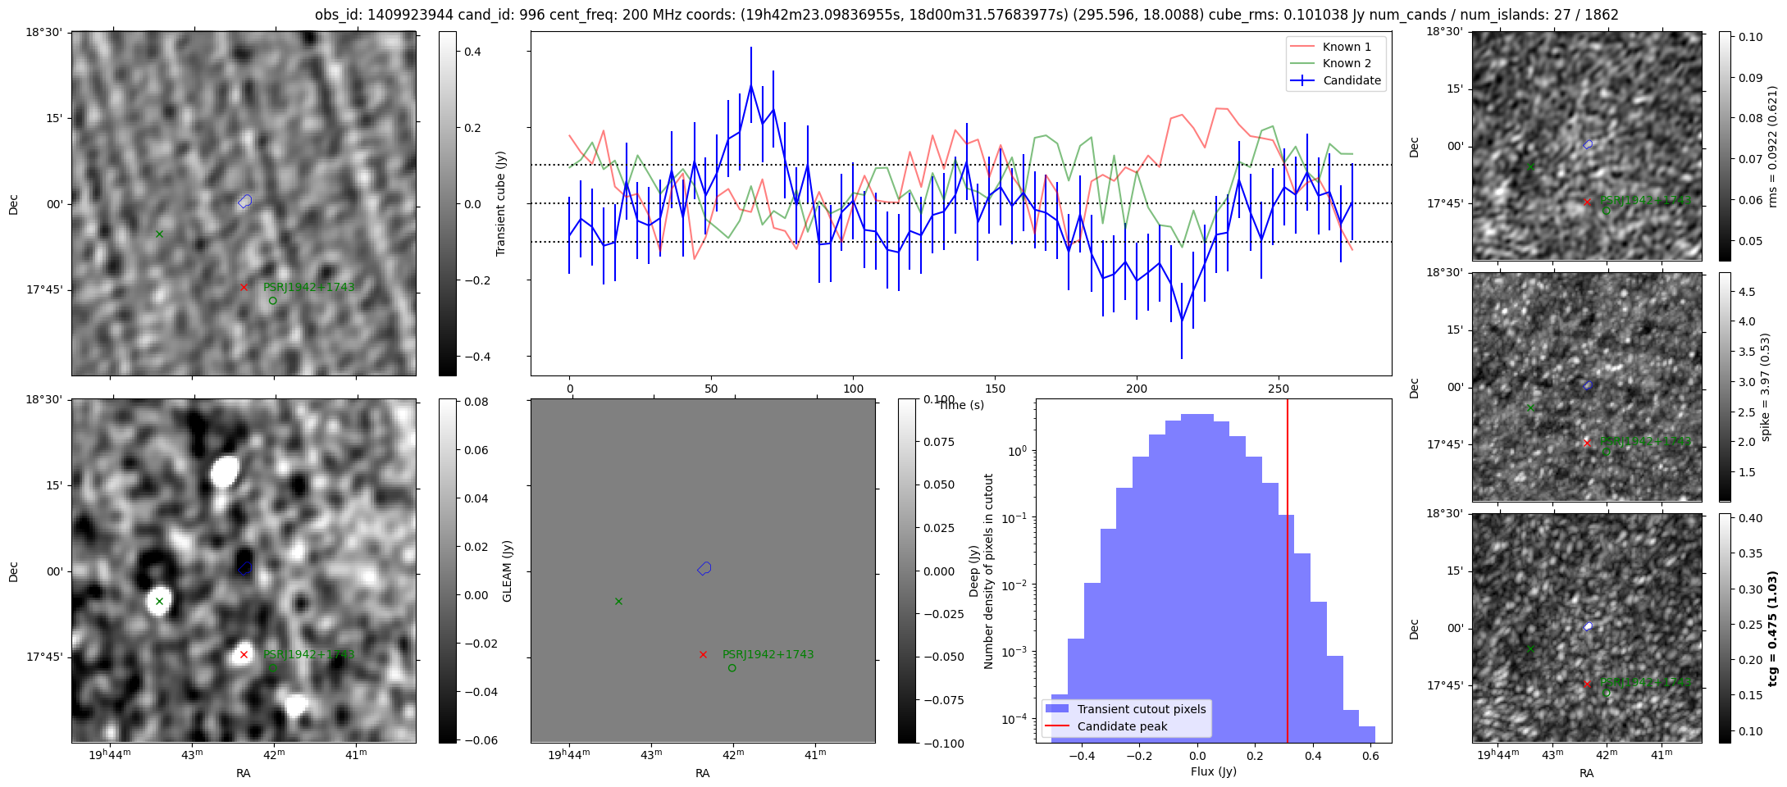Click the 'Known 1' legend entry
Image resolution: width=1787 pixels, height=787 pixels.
[1346, 47]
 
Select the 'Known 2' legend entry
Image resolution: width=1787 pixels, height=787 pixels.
[1346, 63]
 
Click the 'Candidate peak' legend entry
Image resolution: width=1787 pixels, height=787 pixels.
[1122, 726]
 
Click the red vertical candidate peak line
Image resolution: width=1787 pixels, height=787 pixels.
[1288, 574]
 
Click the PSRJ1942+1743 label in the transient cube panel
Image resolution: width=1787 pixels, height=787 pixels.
[308, 287]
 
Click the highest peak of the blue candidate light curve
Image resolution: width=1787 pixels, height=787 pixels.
[750, 84]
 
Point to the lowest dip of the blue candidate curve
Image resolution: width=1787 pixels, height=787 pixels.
[1182, 321]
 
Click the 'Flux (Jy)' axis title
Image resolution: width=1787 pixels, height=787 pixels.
[1213, 771]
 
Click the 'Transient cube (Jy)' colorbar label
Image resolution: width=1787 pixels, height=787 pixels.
[500, 203]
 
